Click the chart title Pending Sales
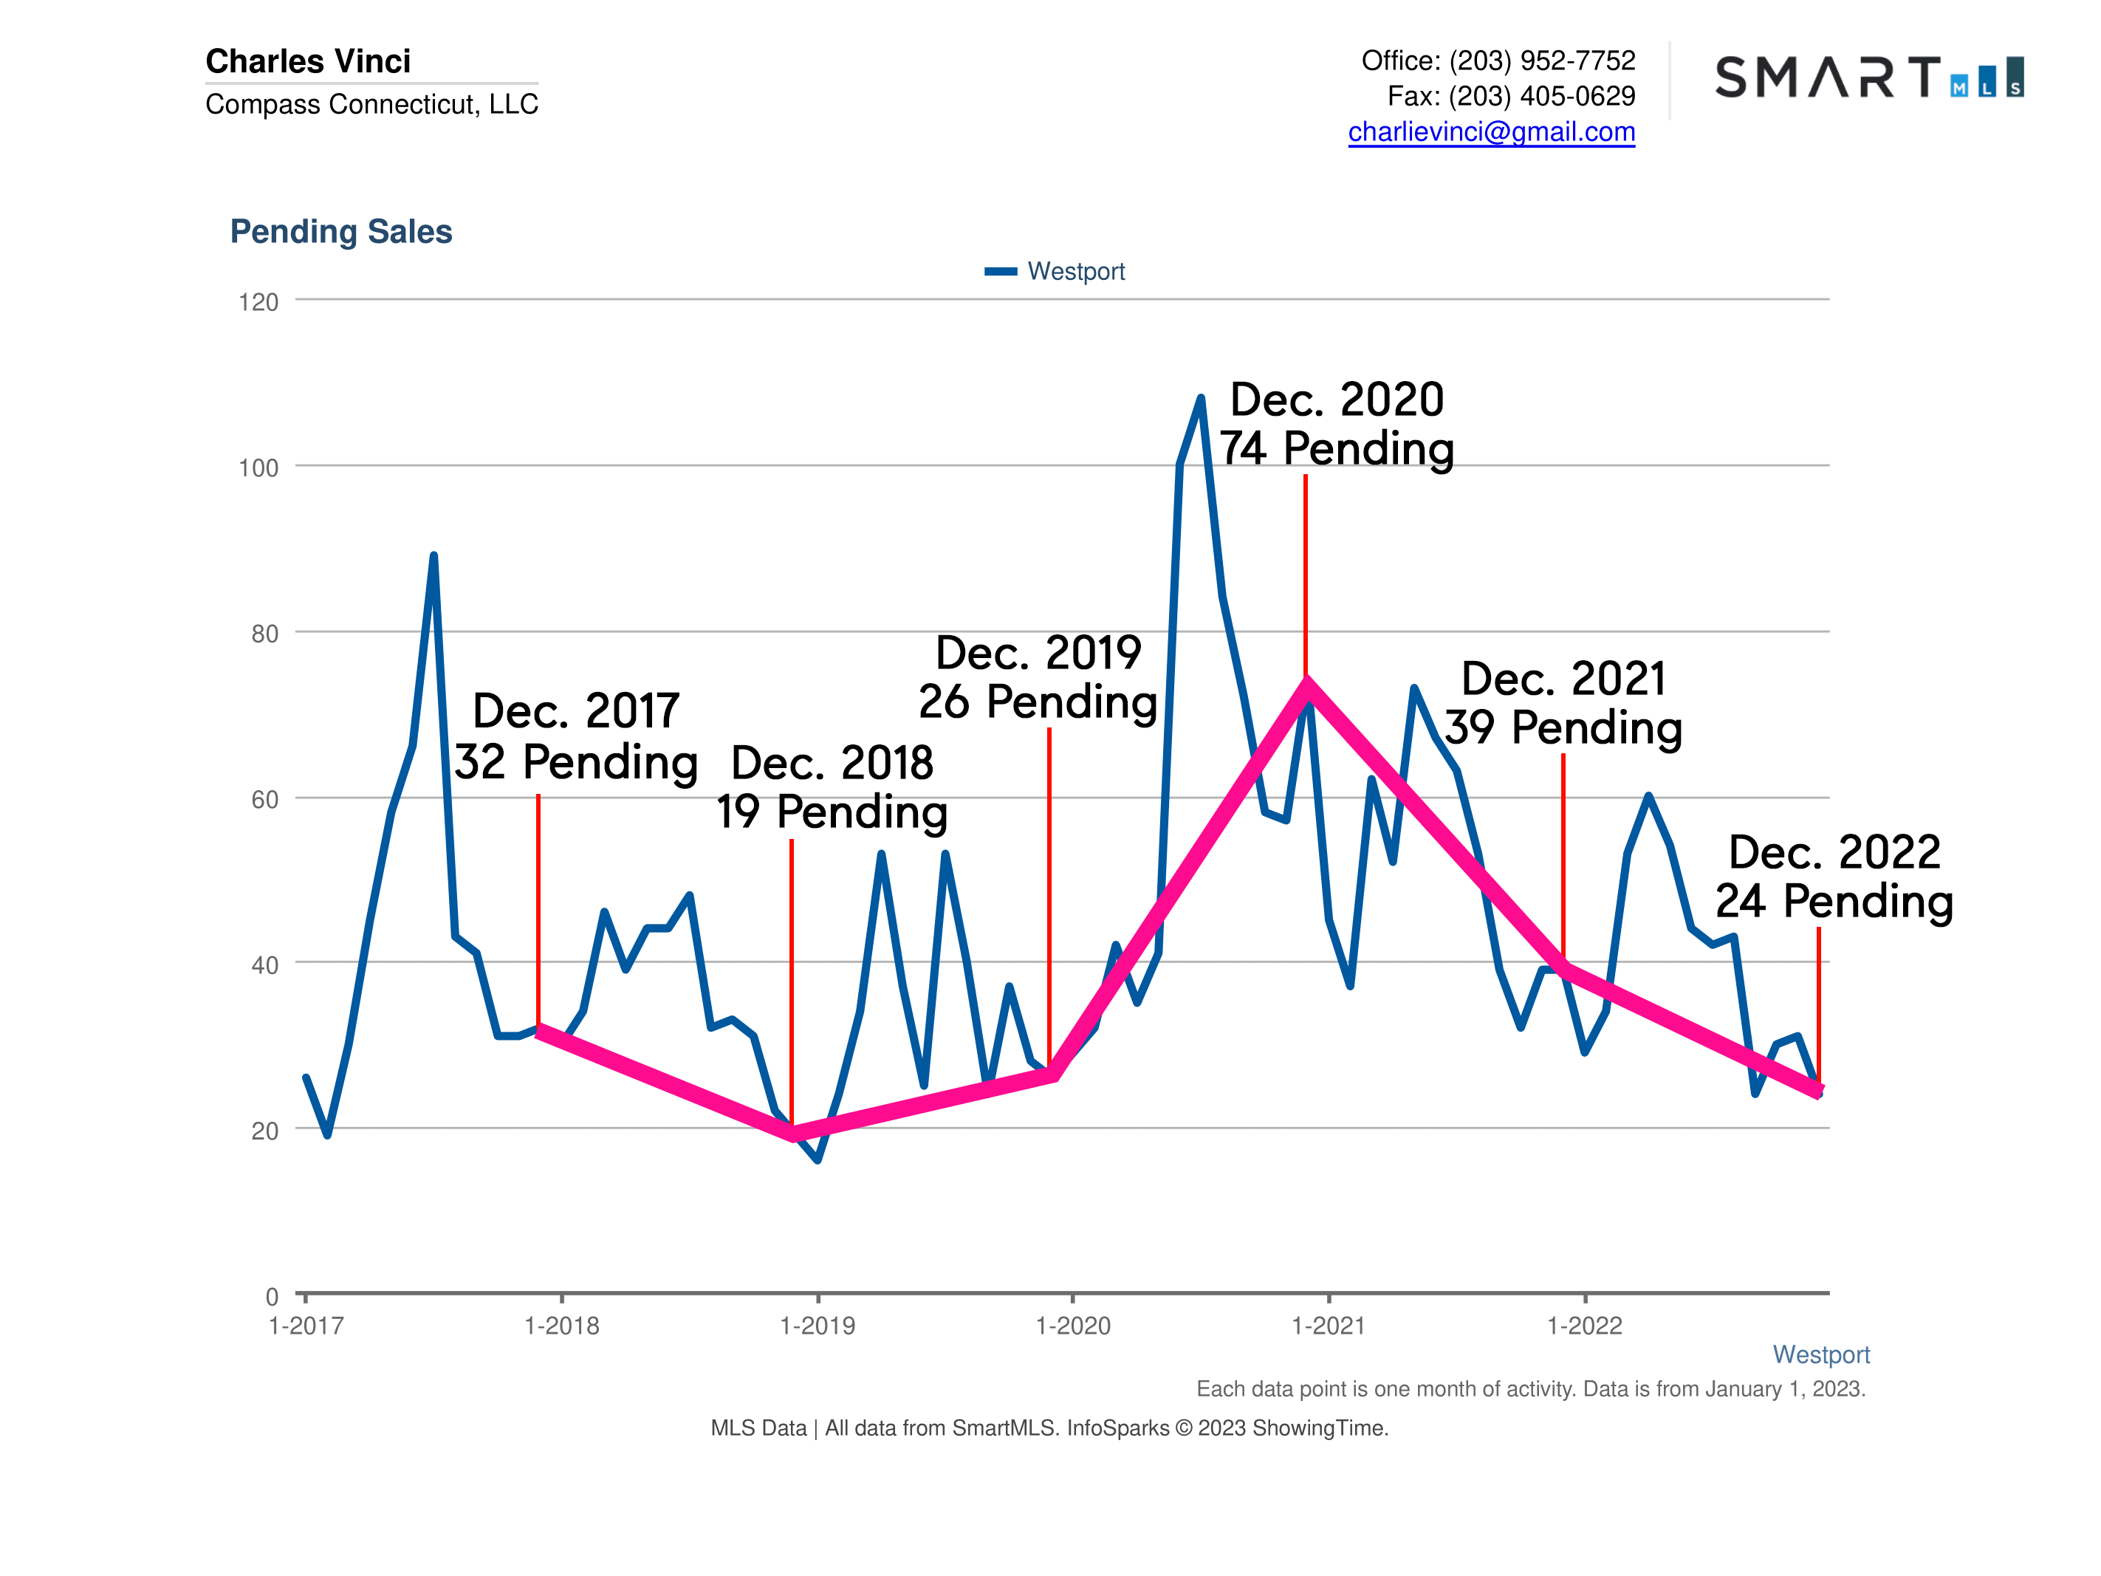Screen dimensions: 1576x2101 341,232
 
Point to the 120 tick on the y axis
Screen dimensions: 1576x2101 258,302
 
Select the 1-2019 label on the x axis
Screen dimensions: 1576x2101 817,1326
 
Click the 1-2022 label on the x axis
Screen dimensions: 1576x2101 1584,1326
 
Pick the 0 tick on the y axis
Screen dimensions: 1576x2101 272,1297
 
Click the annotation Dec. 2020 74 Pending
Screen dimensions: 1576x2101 1337,424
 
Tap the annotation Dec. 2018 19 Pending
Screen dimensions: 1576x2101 832,787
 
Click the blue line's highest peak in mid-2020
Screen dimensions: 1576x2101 1202,398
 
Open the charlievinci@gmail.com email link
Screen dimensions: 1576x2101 1491,132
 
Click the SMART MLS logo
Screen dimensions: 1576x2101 1868,77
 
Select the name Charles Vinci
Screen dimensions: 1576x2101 309,61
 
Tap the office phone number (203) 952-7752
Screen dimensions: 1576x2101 1541,61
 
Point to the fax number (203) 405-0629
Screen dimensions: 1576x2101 1541,96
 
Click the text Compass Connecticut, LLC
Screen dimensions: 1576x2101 371,103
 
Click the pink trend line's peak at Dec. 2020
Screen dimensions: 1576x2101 1307,684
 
